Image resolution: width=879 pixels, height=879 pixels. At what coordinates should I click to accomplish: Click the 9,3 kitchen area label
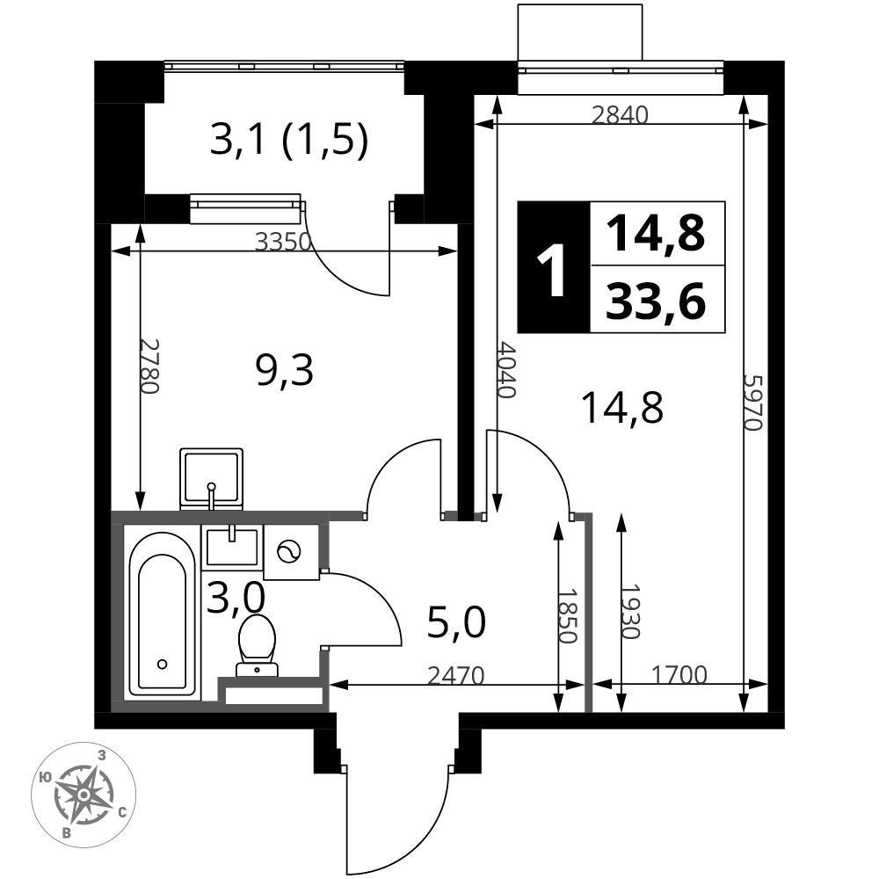[284, 371]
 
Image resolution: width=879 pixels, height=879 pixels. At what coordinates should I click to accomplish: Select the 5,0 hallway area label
[455, 623]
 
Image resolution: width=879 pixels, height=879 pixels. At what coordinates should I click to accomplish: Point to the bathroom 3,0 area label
[236, 598]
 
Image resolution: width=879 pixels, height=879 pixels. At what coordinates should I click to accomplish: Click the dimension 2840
[620, 115]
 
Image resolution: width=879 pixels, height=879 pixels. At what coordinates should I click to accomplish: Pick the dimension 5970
[753, 403]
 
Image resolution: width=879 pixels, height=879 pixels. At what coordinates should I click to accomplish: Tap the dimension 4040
[506, 369]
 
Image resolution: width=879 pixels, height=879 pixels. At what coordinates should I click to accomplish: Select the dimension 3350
[283, 242]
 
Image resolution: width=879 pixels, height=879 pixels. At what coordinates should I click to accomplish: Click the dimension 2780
[149, 366]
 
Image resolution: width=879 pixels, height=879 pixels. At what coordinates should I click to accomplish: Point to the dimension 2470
[455, 676]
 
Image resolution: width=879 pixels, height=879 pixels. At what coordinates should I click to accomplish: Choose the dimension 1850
[567, 615]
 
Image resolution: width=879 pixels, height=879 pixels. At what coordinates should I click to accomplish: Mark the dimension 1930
[630, 612]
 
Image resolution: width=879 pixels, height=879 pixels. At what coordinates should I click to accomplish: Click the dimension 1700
[679, 674]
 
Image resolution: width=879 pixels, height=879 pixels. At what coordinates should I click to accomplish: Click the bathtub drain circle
[163, 665]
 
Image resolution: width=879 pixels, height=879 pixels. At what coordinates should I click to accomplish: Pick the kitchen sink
[211, 479]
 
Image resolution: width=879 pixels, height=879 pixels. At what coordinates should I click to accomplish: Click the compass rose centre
[84, 795]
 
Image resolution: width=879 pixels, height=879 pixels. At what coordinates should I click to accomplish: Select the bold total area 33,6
[656, 301]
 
